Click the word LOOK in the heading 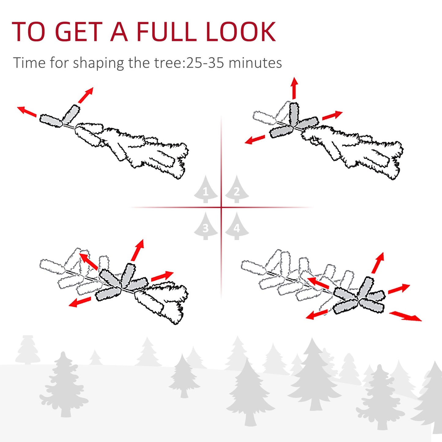241,32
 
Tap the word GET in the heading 78,32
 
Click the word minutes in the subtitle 255,63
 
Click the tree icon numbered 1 206,190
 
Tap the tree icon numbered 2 237,190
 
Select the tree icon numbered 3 206,227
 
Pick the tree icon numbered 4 237,227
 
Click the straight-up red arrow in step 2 294,88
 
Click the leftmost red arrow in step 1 27,111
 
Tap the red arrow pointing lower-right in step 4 405,316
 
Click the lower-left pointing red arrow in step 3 80,302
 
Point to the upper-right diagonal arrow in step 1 86,95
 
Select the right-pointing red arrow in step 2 332,115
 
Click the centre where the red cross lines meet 221,207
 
